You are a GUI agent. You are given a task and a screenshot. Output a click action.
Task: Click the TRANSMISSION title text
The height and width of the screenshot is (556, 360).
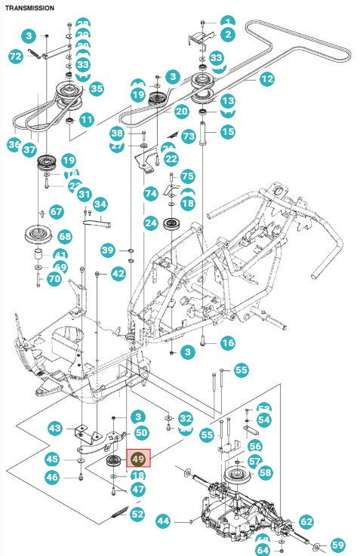coord(29,8)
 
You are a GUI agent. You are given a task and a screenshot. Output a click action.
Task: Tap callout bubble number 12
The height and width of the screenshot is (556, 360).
coord(266,78)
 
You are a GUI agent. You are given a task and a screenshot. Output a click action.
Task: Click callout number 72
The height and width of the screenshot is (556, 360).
coord(15,57)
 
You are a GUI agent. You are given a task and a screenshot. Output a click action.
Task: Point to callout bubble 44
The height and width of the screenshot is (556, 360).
coord(164,521)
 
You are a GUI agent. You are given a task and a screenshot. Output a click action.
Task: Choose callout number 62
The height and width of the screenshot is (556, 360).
coord(306,521)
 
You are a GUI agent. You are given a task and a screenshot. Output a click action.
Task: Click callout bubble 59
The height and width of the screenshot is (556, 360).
coord(337,544)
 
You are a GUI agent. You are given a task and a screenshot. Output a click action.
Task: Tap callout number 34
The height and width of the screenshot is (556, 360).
coord(100,204)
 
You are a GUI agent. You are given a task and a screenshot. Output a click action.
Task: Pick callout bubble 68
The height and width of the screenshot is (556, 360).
coord(64,237)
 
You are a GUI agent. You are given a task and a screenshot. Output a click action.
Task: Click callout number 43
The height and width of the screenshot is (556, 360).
coord(55,428)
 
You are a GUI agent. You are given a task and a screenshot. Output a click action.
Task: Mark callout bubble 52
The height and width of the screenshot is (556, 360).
coord(137,515)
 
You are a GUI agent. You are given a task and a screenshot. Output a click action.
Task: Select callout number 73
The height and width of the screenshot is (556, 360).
coord(188,136)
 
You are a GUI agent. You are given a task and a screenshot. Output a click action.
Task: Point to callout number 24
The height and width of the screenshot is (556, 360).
coord(151,223)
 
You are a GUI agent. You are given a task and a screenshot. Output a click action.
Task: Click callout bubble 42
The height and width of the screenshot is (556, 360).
coord(118,274)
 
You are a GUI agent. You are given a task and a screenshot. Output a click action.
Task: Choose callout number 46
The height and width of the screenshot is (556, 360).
coord(51,477)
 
